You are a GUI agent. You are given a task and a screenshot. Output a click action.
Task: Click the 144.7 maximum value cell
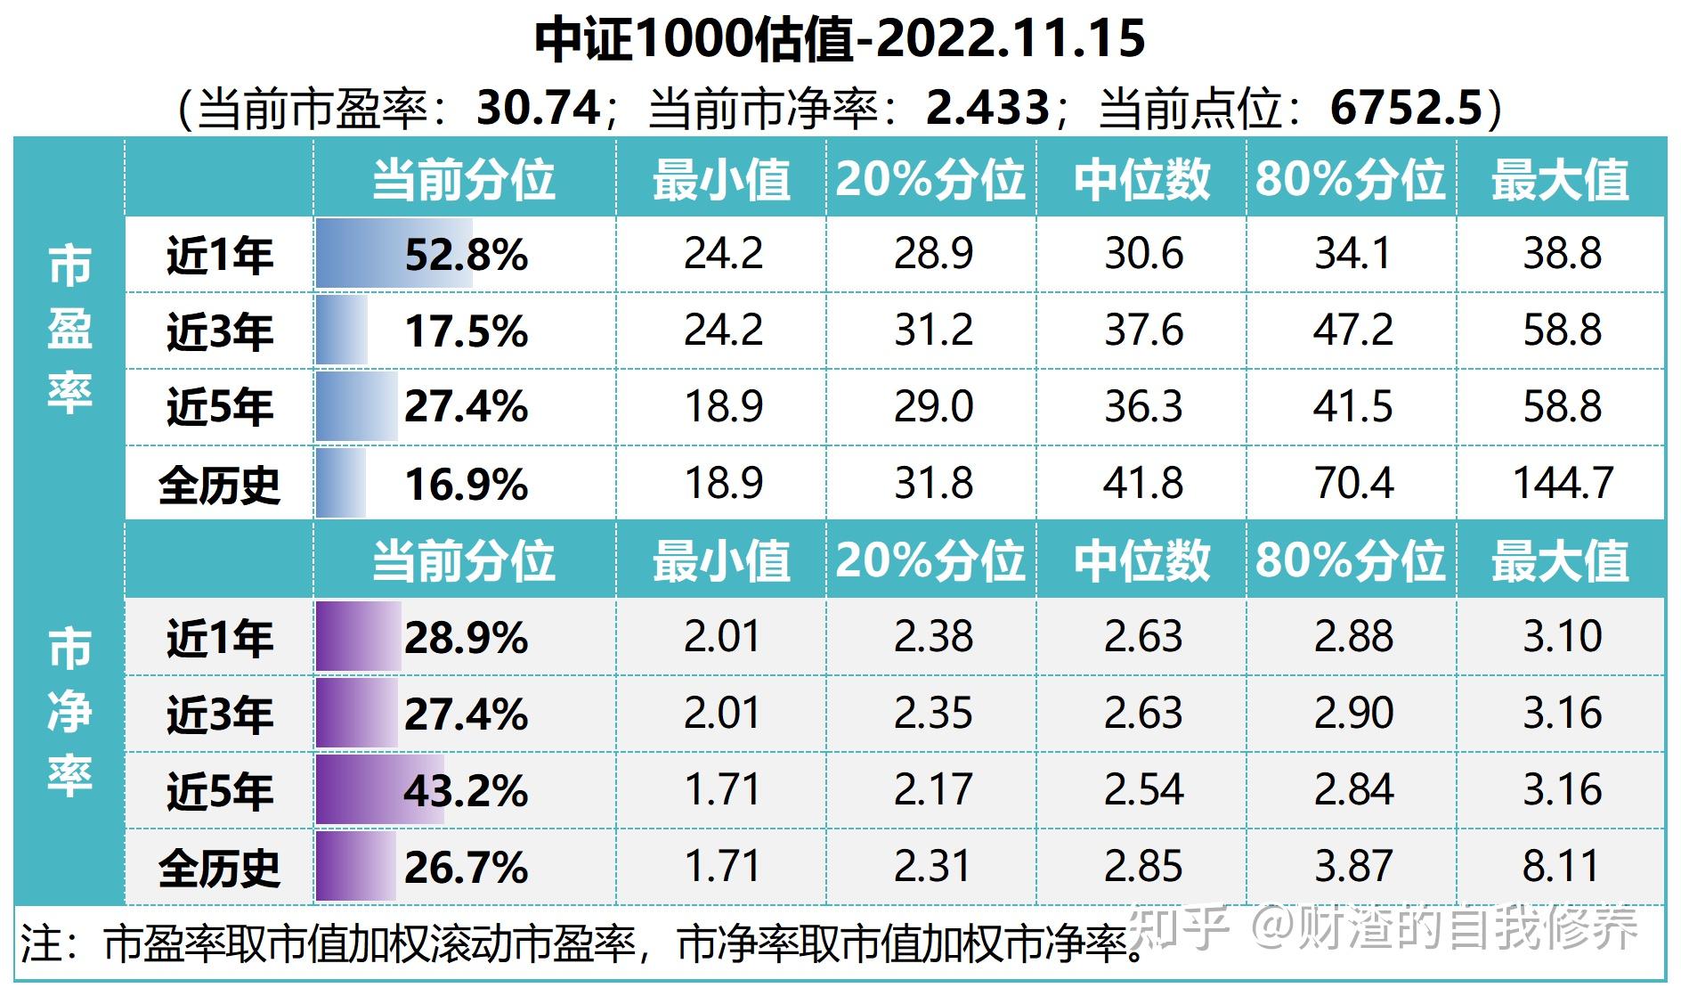1563,484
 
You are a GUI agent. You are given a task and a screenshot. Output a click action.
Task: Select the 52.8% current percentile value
466,255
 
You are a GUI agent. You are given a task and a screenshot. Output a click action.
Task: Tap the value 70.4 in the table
1352,484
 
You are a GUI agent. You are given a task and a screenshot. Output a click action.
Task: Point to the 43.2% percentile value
466,791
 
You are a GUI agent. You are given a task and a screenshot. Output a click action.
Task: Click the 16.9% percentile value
466,485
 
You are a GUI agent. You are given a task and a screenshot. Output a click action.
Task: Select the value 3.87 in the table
1352,867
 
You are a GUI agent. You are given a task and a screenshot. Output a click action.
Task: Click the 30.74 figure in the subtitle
539,108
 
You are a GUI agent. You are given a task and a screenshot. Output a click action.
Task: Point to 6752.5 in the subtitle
1407,108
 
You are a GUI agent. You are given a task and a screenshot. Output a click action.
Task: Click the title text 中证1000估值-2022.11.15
840,39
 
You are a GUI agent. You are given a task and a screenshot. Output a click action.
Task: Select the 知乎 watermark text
1182,927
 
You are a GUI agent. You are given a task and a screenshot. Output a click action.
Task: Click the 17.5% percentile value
466,331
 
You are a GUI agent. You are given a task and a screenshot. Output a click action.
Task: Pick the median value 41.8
1143,484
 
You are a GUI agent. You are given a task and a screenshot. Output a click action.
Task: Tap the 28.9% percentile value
466,638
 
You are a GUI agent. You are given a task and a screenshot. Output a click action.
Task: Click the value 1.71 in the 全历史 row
722,867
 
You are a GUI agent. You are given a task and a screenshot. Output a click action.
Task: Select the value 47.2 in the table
1352,331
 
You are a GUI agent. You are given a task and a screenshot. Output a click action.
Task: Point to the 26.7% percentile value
466,868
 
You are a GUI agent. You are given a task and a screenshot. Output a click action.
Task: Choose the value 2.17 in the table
933,790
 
